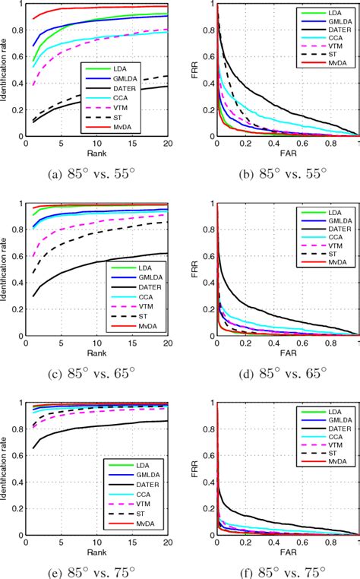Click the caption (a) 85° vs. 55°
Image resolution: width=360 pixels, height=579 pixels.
[x=92, y=174]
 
